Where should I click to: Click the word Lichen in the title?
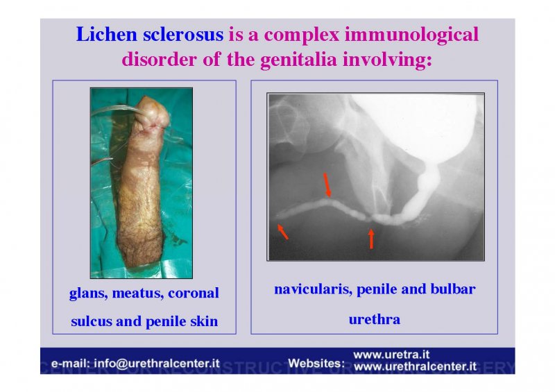coord(106,35)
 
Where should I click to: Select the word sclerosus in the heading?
coord(183,35)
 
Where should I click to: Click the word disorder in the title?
coord(159,59)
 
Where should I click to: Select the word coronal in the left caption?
coord(194,293)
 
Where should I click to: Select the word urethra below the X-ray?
coord(375,319)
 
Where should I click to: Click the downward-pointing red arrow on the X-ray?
coord(327,185)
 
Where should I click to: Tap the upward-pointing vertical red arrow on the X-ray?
coord(371,239)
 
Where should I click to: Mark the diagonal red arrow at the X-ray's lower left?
coord(283,232)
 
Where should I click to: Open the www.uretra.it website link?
coord(391,355)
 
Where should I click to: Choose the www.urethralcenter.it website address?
coord(415,366)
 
